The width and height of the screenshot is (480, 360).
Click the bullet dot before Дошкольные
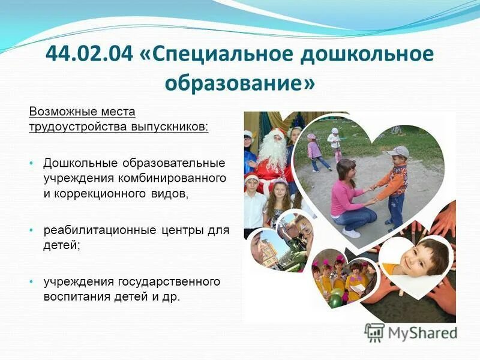(32, 164)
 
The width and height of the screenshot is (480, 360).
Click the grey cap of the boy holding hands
(398, 152)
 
